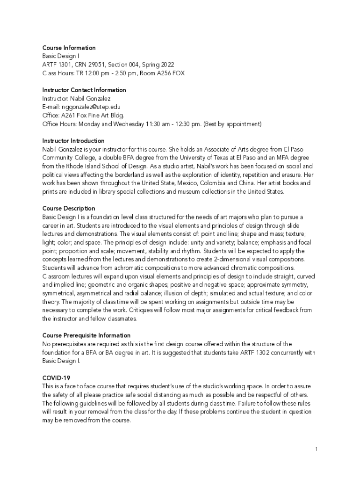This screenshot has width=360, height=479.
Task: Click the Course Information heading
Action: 69,48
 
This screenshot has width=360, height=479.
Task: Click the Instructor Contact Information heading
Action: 84,90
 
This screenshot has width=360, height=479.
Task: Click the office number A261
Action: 69,116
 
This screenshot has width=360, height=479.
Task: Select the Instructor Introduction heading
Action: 73,141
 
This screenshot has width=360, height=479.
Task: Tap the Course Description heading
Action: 69,208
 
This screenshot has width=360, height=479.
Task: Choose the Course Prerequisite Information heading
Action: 86,335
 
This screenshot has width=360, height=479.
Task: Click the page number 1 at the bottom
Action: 317,449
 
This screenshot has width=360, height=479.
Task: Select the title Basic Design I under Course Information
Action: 61,56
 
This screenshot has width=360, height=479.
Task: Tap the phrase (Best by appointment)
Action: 232,124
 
